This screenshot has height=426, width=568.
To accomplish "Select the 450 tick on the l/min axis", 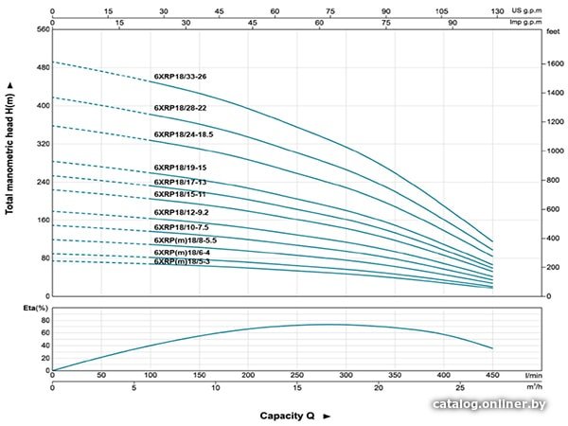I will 492,375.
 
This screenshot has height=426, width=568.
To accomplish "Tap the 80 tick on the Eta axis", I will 42,320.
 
